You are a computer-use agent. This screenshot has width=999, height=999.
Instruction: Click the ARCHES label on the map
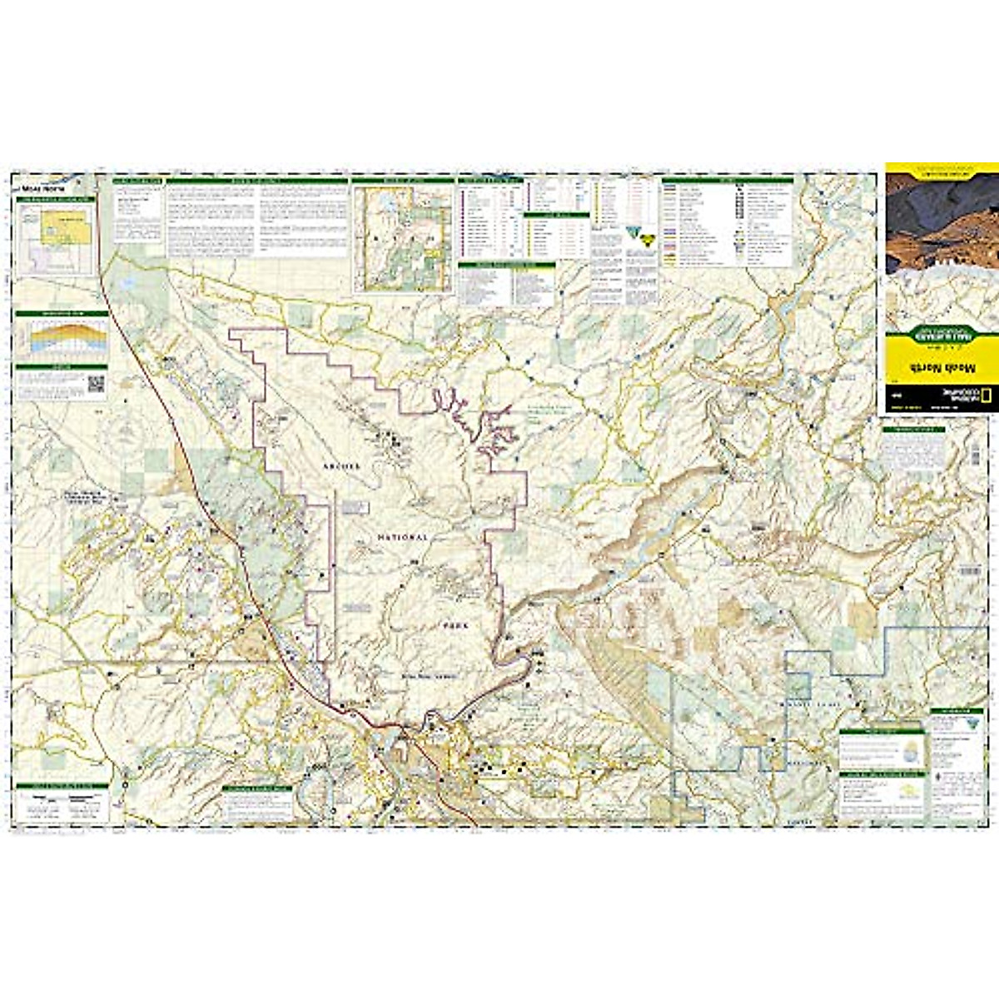click(341, 467)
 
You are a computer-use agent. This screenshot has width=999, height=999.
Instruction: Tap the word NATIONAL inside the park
click(403, 538)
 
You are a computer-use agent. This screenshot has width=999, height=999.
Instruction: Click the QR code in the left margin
click(96, 385)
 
